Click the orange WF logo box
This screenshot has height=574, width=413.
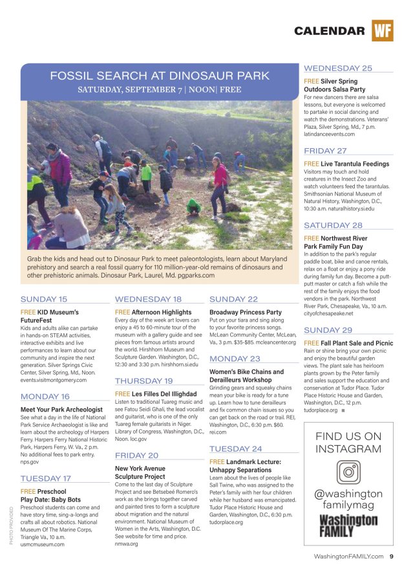click(382, 30)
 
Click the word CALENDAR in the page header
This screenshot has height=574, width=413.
click(329, 31)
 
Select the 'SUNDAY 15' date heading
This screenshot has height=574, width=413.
click(44, 300)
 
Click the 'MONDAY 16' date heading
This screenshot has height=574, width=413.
click(45, 397)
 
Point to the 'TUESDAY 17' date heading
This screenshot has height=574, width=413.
click(46, 478)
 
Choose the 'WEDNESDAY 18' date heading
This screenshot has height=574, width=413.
click(148, 300)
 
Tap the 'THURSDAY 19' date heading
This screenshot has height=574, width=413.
click(143, 381)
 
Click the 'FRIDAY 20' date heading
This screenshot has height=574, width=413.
click(136, 455)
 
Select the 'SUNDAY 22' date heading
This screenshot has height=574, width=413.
click(233, 300)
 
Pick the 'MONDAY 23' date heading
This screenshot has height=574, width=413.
click(235, 359)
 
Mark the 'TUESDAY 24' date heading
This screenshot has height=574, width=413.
click(236, 448)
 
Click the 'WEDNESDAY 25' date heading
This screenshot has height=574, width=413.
click(337, 68)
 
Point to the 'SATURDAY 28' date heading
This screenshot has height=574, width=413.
click(333, 225)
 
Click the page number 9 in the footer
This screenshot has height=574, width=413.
click(392, 557)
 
